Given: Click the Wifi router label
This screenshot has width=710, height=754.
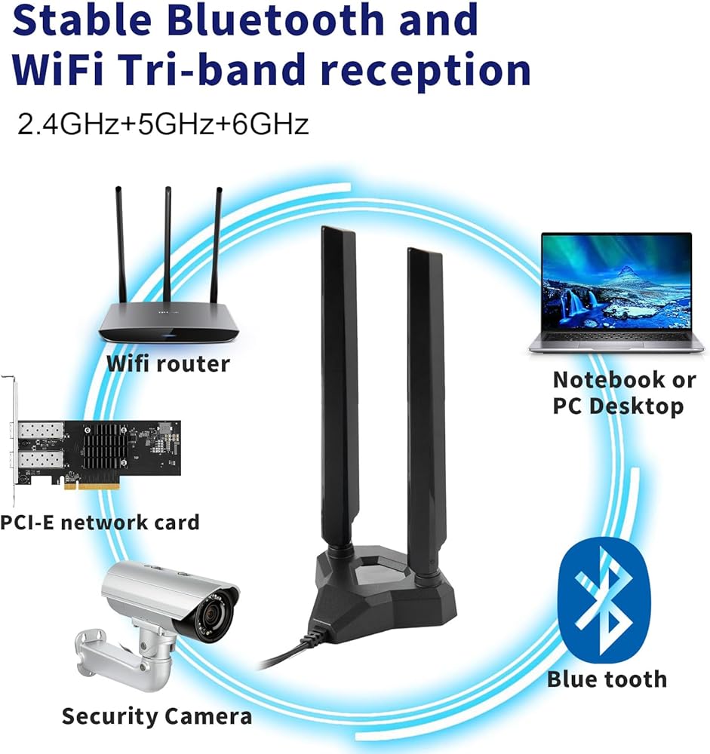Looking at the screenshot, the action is (x=168, y=363).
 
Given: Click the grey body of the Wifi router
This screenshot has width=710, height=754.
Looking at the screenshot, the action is (x=169, y=320).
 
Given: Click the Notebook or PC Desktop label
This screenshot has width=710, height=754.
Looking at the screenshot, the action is (x=623, y=392).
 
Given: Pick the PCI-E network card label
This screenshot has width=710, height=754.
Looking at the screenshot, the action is (x=100, y=521).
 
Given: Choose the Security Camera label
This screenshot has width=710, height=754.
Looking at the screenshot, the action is (x=156, y=716).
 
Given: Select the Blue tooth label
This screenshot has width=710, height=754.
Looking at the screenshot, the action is (x=607, y=679).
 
